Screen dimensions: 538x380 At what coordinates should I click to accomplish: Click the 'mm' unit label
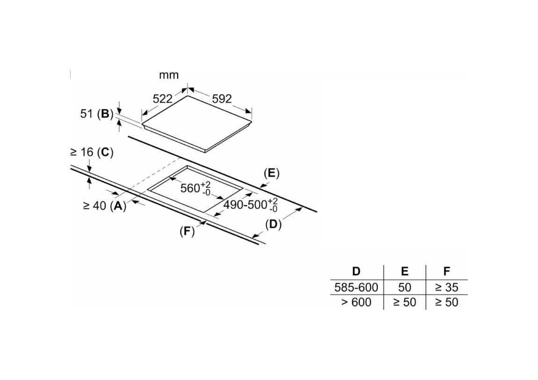point(169,75)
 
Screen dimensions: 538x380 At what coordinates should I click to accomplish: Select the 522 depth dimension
point(162,99)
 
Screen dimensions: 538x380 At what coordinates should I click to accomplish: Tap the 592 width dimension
point(222,99)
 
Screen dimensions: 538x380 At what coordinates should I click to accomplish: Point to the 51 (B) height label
point(97,114)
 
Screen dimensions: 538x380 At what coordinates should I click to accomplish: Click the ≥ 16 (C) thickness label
point(92,152)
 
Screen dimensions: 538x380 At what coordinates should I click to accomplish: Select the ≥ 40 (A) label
point(104,205)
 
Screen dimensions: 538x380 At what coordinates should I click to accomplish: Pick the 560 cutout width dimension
point(196,188)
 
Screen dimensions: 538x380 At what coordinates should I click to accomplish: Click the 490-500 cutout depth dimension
point(251,205)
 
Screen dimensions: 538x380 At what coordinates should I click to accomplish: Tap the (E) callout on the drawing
point(272,173)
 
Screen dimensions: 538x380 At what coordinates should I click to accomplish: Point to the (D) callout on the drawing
point(273,225)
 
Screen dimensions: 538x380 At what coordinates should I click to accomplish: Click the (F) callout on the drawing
point(187,231)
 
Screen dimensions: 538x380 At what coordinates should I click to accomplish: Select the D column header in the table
point(356,271)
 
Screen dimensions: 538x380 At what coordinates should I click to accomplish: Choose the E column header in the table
point(405,271)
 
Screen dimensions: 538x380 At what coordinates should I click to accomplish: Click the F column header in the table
point(446,271)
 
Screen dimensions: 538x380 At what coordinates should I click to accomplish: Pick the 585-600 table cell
point(356,287)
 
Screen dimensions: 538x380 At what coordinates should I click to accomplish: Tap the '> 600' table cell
point(356,302)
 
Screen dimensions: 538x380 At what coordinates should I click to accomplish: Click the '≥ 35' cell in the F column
point(446,287)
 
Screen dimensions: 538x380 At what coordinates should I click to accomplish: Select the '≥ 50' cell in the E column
point(405,302)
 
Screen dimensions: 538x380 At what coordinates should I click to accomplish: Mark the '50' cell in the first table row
point(405,287)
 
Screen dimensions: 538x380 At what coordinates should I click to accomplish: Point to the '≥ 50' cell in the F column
point(446,302)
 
